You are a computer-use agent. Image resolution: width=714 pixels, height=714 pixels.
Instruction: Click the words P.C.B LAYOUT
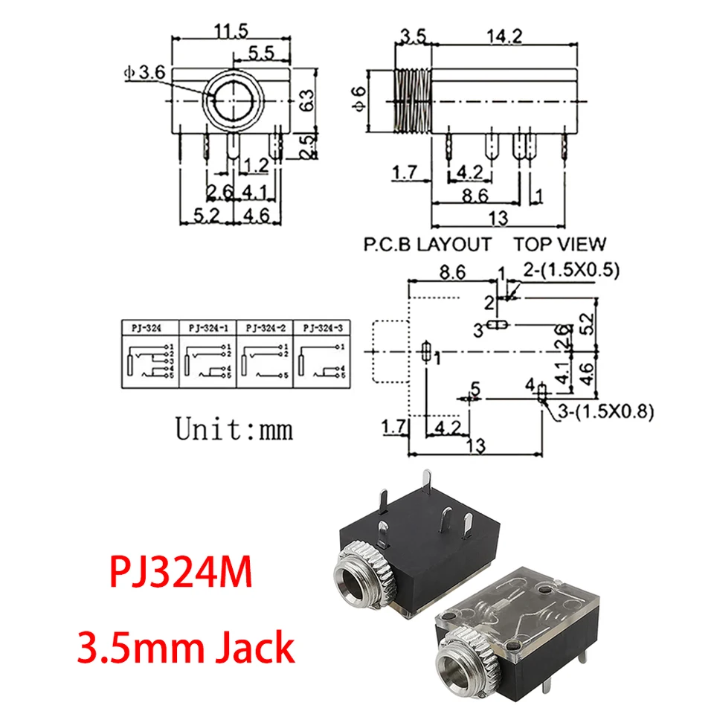(427, 243)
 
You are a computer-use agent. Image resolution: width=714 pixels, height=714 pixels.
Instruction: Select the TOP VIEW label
(559, 243)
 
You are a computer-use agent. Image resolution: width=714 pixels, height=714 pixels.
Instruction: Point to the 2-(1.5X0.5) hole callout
(570, 270)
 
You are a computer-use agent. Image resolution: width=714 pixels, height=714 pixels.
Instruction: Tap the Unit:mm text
(234, 428)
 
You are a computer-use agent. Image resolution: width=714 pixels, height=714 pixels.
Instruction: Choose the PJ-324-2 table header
(266, 327)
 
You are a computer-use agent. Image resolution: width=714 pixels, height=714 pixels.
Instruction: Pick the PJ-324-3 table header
(323, 327)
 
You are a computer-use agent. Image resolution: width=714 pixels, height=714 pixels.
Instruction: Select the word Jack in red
(255, 648)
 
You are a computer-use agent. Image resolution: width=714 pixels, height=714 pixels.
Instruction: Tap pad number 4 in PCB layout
(530, 385)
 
